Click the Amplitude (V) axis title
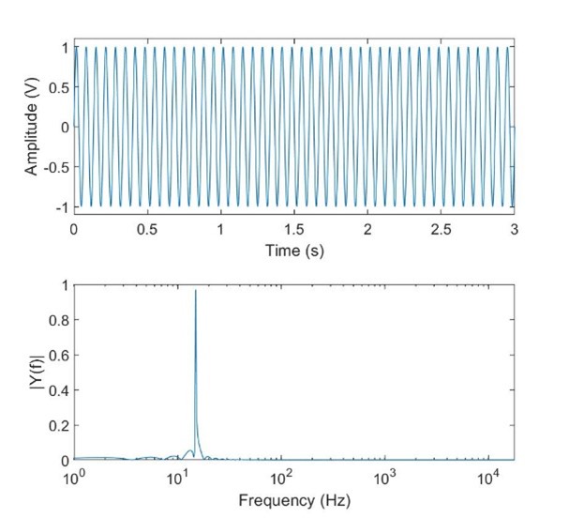pos(32,127)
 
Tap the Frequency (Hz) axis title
pos(294,500)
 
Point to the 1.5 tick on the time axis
pos(294,230)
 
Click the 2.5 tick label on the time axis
pos(442,230)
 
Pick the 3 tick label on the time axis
pos(515,230)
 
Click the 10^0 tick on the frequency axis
pos(74,478)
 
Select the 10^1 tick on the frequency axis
pos(177,478)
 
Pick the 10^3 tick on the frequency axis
pos(383,478)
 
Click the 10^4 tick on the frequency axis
pos(487,478)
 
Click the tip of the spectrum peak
pos(195,291)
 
